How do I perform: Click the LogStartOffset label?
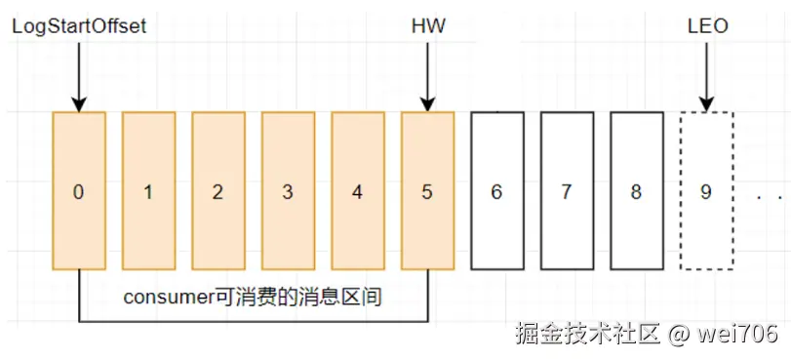pos(79,26)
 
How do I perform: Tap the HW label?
pos(428,26)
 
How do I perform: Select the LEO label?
pos(708,26)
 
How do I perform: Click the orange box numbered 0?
pos(79,191)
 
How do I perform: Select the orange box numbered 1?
pos(148,191)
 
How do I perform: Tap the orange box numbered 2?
pos(218,191)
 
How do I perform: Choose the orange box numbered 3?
pos(288,191)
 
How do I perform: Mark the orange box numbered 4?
pos(358,191)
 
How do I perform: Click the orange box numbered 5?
pos(427,191)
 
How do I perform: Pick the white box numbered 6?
pos(497,191)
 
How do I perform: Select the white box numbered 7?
pos(567,191)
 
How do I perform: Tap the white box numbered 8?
pos(637,191)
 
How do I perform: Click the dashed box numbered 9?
pos(707,191)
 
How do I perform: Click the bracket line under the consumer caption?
pos(254,321)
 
